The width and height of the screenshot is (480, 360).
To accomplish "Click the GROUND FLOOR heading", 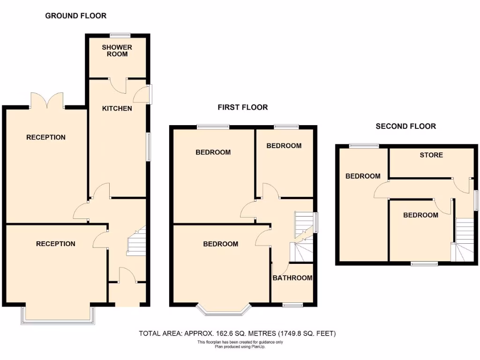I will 75,16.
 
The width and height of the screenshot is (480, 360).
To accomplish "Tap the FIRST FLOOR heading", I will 242,107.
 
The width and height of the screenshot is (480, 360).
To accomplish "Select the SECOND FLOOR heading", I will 405,126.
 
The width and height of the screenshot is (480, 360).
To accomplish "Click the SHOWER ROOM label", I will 117,51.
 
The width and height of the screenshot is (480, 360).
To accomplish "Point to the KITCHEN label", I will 117,108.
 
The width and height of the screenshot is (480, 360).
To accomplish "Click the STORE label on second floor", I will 431,155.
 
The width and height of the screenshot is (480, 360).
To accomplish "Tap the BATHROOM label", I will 292,278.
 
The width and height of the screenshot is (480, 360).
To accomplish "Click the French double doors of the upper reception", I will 46,100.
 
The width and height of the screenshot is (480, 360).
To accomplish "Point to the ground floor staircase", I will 136,241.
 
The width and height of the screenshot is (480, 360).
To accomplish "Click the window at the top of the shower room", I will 120,34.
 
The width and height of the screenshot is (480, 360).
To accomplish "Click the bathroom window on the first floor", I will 293,306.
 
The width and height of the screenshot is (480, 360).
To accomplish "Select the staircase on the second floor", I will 464,239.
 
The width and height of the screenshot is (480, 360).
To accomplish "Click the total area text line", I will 237,334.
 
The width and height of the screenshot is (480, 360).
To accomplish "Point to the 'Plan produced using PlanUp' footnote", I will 240,346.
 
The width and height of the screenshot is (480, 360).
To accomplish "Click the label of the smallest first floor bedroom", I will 284,146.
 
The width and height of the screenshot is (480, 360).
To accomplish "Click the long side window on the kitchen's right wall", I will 149,147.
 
